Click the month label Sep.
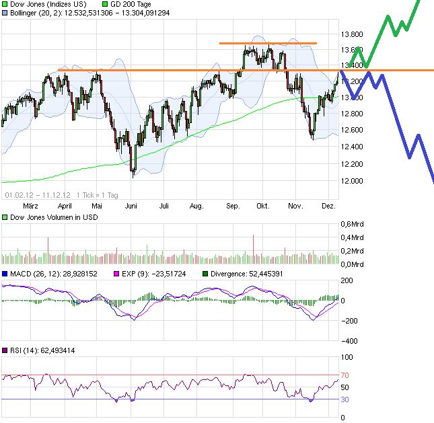233,206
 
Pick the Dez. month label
328,206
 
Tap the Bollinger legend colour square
4,12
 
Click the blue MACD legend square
4,274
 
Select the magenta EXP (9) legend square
115,274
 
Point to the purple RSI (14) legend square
4,350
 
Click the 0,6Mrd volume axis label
355,225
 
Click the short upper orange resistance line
268,44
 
